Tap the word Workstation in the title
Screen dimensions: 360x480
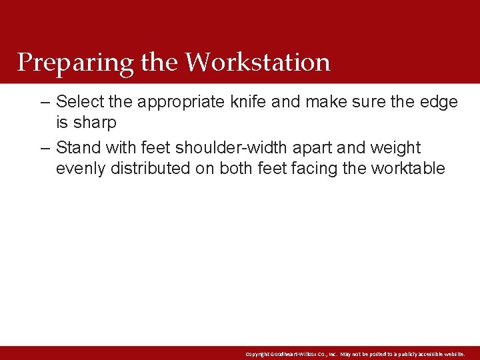point(257,62)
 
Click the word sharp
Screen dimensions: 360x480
point(95,123)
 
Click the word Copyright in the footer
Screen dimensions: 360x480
point(258,353)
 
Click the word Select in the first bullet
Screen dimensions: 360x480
point(81,102)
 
